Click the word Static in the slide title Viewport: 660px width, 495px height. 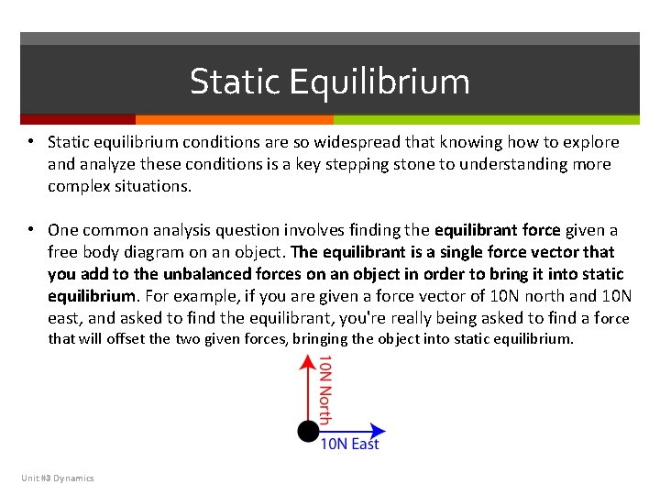(235, 82)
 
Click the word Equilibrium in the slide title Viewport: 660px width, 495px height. (379, 82)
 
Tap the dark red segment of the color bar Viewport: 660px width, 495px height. (77, 119)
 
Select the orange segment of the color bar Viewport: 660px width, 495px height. (234, 119)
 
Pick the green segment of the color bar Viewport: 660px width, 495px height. (486, 119)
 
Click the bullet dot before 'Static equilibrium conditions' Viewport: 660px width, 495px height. (30, 142)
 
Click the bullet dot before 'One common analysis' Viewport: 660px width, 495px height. (30, 230)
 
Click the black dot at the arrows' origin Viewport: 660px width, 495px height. (309, 430)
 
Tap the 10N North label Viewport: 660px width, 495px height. (325, 389)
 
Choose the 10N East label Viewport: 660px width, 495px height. (349, 445)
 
